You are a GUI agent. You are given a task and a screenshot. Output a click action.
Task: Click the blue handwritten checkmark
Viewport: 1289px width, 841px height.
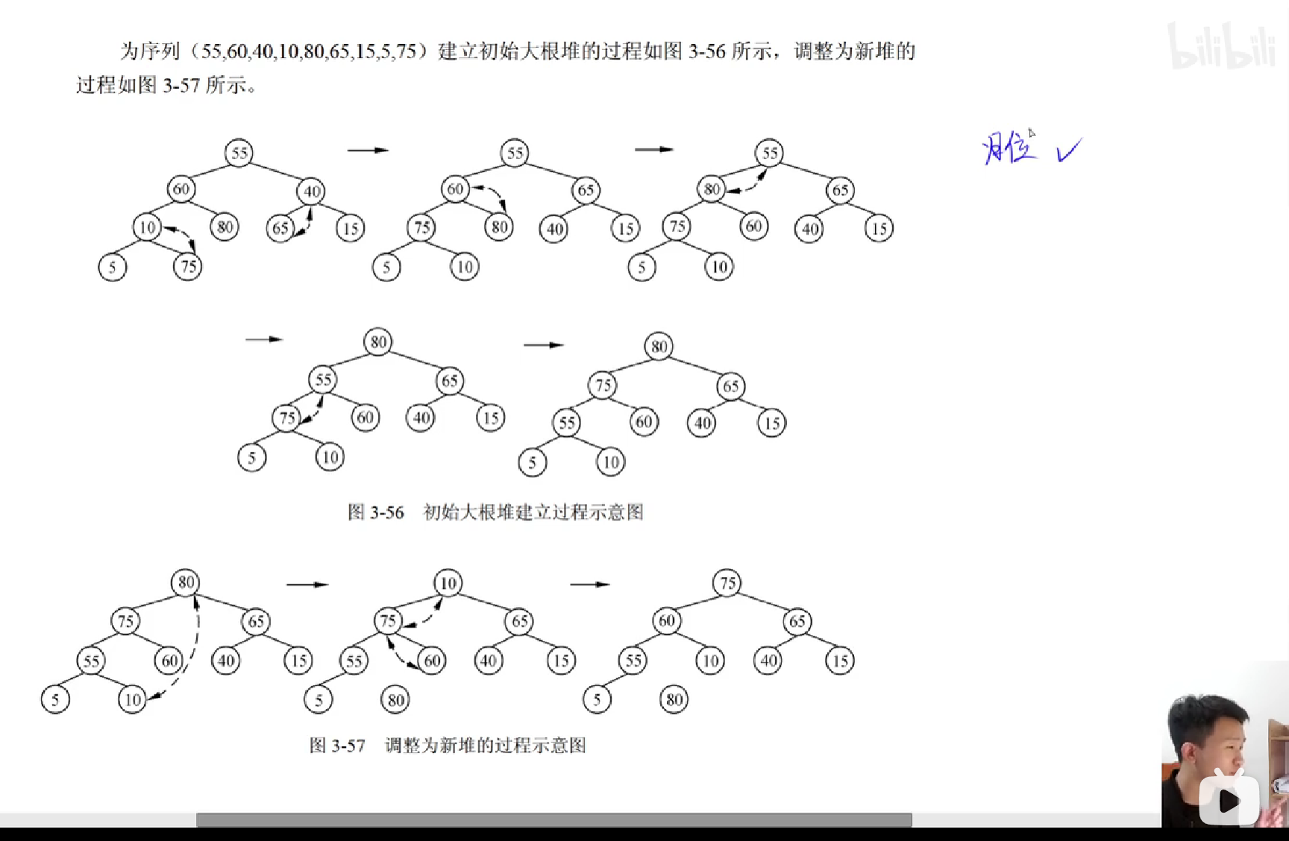click(1068, 150)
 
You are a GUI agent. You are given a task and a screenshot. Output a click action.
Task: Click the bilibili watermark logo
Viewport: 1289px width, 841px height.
click(1220, 46)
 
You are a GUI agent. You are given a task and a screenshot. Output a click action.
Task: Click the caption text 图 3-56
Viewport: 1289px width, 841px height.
click(375, 512)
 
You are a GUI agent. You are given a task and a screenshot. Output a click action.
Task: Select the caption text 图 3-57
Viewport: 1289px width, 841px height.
click(337, 746)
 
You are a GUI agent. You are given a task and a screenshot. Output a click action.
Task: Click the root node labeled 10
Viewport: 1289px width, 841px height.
click(448, 583)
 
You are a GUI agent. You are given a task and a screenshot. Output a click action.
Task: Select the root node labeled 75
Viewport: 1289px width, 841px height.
click(727, 583)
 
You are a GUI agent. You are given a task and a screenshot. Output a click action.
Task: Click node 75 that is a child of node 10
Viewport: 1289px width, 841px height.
click(187, 266)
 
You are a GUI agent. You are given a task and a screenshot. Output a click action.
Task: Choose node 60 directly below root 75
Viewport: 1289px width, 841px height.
click(666, 621)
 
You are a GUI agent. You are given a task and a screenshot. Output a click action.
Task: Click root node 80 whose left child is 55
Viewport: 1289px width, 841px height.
click(378, 342)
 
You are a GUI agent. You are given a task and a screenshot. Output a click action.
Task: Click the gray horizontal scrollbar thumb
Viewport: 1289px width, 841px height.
click(553, 819)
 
